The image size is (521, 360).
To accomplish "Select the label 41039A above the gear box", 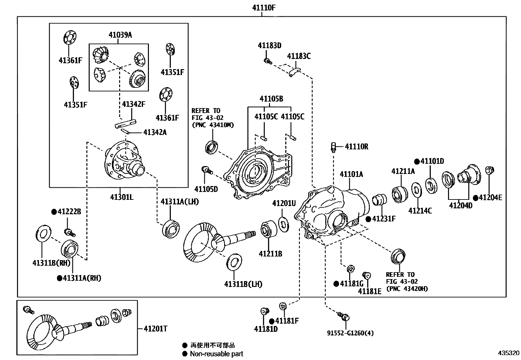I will coord(120,35).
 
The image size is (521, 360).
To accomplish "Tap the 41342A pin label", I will coord(155,132).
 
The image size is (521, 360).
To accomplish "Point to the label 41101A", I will coord(351,174).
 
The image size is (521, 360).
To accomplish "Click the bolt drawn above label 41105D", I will coord(207,170).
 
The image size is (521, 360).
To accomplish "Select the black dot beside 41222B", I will coord(54,212).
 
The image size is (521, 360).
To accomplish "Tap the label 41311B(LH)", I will coord(243,284).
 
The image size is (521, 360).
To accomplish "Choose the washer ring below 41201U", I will coord(284,224).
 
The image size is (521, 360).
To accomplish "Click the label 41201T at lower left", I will coord(155,329).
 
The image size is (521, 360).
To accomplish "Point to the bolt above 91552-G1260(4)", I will coord(344,316).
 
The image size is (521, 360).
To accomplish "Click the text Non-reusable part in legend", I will coord(217,354).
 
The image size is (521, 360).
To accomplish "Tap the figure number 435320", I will coord(508,353).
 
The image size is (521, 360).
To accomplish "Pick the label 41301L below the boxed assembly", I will coord(121,197).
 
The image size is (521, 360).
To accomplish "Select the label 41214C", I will coord(420,211).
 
